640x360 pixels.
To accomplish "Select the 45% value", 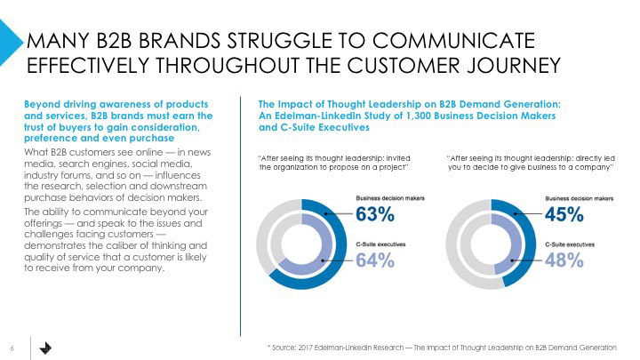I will click(x=564, y=214).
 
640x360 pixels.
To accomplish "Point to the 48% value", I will click(x=564, y=260).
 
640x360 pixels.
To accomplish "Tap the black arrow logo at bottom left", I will click(x=45, y=346).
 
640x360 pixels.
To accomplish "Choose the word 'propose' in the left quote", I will click(x=332, y=167).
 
